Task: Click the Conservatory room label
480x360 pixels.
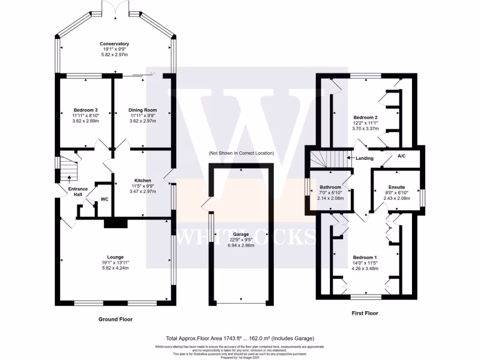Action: click(x=114, y=44)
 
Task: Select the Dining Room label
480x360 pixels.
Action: click(x=142, y=110)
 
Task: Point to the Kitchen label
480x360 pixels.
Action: click(x=142, y=180)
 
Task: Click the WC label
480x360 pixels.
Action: click(x=105, y=199)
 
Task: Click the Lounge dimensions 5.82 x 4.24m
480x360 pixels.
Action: click(x=115, y=268)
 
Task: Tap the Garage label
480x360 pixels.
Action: click(x=240, y=234)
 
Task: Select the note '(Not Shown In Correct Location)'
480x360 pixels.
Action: click(x=241, y=153)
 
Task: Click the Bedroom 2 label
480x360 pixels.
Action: click(x=365, y=117)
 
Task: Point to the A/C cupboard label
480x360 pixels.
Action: click(x=402, y=156)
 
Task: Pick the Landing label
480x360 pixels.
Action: click(x=364, y=158)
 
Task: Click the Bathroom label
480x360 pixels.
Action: click(x=330, y=187)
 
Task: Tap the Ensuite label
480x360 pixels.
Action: click(x=397, y=187)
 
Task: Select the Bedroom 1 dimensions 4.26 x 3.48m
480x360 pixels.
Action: click(x=366, y=269)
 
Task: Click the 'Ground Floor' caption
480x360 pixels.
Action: click(x=115, y=319)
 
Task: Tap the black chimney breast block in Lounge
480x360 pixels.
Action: click(x=115, y=224)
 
